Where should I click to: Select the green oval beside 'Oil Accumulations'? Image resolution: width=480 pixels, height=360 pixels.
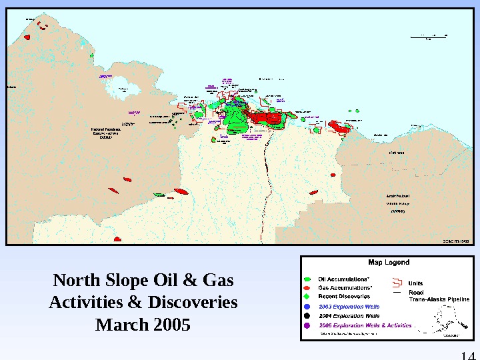(x=307, y=279)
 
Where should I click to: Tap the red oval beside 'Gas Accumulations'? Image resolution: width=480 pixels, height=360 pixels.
(x=307, y=287)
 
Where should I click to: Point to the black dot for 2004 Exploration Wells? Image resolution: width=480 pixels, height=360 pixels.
(x=307, y=315)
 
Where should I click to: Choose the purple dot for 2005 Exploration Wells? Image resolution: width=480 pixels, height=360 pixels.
(x=307, y=325)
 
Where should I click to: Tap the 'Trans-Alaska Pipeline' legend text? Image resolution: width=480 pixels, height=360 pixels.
(x=439, y=300)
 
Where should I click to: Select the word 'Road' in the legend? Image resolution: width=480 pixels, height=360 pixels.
(x=416, y=292)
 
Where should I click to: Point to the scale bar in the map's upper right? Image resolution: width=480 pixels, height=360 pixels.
(x=429, y=35)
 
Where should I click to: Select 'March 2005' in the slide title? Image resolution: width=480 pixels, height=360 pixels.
(x=143, y=325)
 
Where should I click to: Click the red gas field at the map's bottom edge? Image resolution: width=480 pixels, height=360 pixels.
(x=117, y=239)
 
